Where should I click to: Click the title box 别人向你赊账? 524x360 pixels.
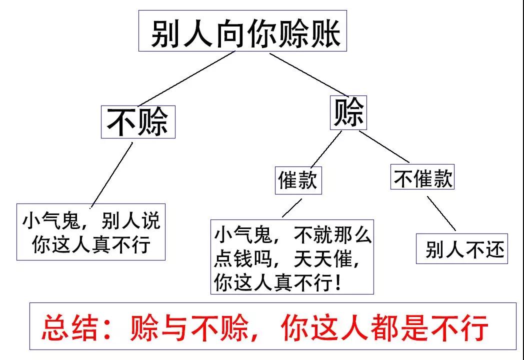pyautogui.click(x=242, y=31)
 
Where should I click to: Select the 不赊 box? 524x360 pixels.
pyautogui.click(x=138, y=122)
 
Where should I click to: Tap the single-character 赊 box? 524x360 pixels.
pyautogui.click(x=349, y=113)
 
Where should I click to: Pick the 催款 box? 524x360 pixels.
pyautogui.click(x=298, y=180)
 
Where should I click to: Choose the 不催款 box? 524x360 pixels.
pyautogui.click(x=422, y=178)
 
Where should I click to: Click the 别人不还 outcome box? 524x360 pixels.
pyautogui.click(x=462, y=248)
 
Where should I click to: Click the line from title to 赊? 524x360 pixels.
pyautogui.click(x=310, y=75)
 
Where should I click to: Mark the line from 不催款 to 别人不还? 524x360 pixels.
pyautogui.click(x=441, y=213)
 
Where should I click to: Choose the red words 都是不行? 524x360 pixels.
pyautogui.click(x=440, y=327)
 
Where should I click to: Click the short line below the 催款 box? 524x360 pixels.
pyautogui.click(x=292, y=208)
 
